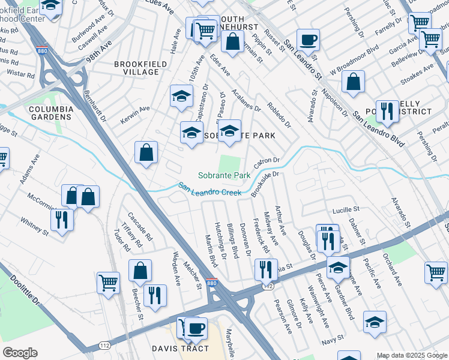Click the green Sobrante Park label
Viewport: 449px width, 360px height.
[224, 176]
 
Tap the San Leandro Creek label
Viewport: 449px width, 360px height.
[209, 190]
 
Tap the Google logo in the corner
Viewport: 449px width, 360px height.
[20, 352]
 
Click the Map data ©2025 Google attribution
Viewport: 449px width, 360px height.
[411, 355]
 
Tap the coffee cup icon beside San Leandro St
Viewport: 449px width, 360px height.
[308, 40]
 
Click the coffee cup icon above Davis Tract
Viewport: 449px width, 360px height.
[195, 328]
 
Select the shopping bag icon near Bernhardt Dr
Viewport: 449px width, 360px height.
[146, 153]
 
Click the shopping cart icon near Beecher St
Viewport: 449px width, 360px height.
[108, 283]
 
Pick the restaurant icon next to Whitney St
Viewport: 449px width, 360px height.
[62, 220]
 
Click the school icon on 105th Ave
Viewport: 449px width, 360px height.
[181, 95]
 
